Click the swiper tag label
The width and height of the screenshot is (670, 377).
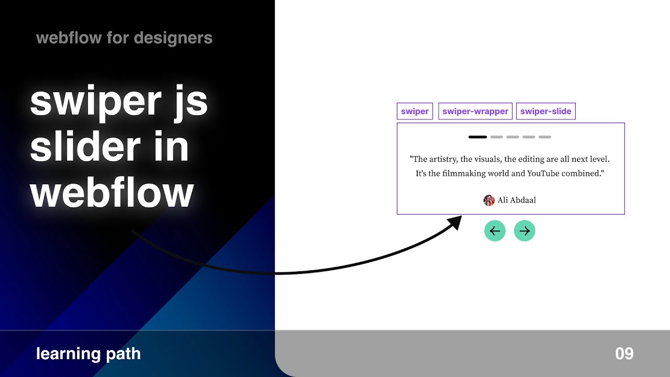tap(415, 112)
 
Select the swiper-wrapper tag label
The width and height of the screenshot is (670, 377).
tap(475, 112)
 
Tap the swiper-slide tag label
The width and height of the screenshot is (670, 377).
tap(545, 112)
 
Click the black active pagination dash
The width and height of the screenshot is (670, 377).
tap(477, 137)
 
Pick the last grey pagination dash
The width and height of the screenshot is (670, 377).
tap(545, 137)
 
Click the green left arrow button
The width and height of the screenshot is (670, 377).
tap(495, 231)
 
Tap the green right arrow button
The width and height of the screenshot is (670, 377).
tap(524, 231)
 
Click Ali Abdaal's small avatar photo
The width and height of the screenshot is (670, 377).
tap(489, 200)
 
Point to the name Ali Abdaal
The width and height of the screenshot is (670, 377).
tap(517, 200)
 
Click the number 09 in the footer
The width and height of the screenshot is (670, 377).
tap(624, 354)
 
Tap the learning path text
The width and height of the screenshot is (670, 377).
tap(88, 354)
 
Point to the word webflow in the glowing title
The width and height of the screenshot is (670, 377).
tap(111, 193)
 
